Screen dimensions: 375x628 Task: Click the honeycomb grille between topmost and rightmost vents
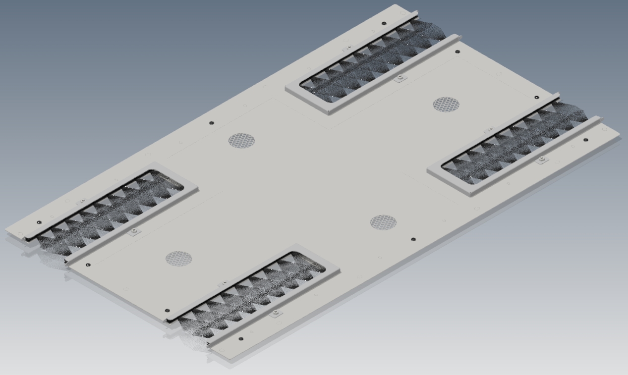pyautogui.click(x=446, y=105)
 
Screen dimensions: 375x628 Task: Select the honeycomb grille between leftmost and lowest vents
pyautogui.click(x=178, y=258)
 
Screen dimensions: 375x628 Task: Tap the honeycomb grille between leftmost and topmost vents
pyautogui.click(x=241, y=141)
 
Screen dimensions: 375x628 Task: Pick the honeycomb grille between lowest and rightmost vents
pyautogui.click(x=383, y=222)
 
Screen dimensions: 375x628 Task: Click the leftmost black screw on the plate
pyautogui.click(x=39, y=222)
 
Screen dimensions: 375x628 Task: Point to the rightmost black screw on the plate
pyautogui.click(x=586, y=140)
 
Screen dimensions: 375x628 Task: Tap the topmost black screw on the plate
pyautogui.click(x=384, y=23)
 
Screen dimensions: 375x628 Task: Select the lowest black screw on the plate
pyautogui.click(x=241, y=339)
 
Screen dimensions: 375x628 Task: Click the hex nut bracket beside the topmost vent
pyautogui.click(x=400, y=77)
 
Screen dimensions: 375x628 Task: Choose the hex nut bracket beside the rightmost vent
pyautogui.click(x=542, y=159)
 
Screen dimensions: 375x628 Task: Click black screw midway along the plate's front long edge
pyautogui.click(x=414, y=239)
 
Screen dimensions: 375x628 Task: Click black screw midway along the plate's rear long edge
pyautogui.click(x=211, y=123)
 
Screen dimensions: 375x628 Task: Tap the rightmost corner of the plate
pyautogui.click(x=620, y=135)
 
